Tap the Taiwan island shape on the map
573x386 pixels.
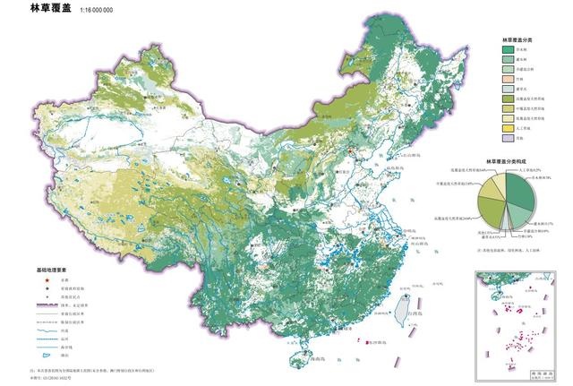click(403, 305)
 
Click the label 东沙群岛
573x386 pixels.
click(381, 341)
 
